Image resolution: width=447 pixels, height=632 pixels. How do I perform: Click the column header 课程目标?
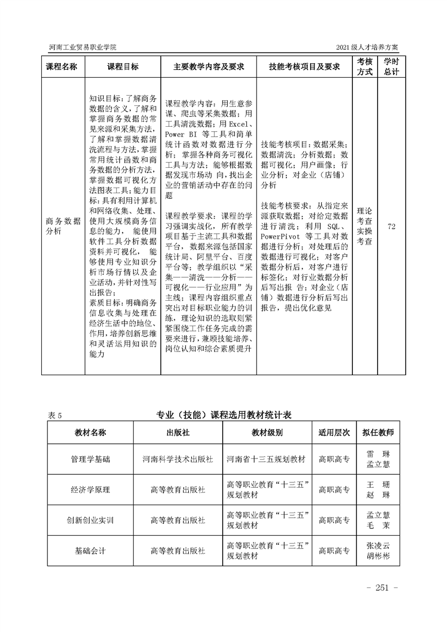click(x=122, y=66)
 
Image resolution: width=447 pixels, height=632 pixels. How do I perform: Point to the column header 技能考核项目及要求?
click(x=304, y=66)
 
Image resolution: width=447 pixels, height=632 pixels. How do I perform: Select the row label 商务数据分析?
click(x=64, y=225)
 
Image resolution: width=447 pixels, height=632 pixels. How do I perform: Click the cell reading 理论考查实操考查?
click(x=365, y=225)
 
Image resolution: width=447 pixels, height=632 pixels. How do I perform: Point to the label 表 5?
click(x=55, y=415)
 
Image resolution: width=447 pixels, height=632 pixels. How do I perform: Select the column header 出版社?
click(x=178, y=433)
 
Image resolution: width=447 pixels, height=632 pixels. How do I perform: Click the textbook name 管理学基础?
click(x=90, y=459)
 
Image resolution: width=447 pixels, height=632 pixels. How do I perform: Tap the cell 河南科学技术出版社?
click(x=178, y=459)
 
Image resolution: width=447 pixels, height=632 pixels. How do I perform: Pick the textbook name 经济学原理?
click(x=90, y=489)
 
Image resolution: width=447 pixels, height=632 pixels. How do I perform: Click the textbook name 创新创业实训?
click(x=90, y=519)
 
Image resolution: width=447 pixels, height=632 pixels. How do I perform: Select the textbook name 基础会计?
click(x=90, y=550)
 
